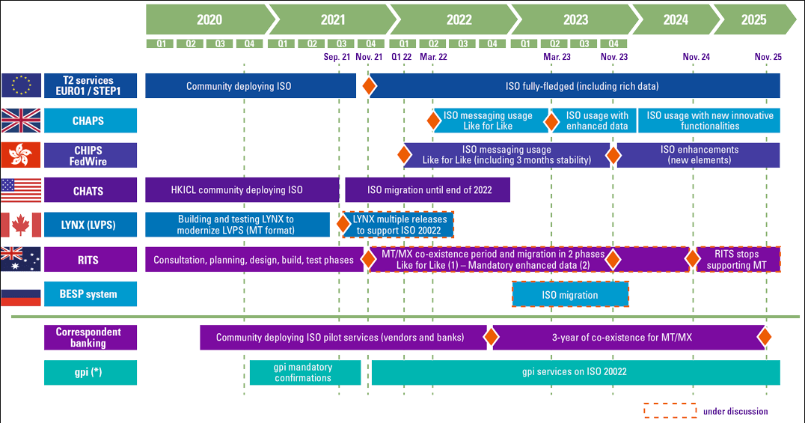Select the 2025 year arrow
(x=753, y=19)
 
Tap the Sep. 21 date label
(x=337, y=57)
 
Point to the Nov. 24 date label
(x=696, y=57)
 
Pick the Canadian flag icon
(x=21, y=225)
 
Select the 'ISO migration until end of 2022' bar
(x=429, y=190)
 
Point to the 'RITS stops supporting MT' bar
(x=737, y=260)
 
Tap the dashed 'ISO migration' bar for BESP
(x=570, y=295)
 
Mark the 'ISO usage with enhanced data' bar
(x=596, y=121)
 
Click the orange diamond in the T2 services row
(x=368, y=86)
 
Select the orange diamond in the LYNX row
(x=344, y=224)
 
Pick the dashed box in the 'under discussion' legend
(x=670, y=410)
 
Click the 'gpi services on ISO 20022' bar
(x=575, y=372)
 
